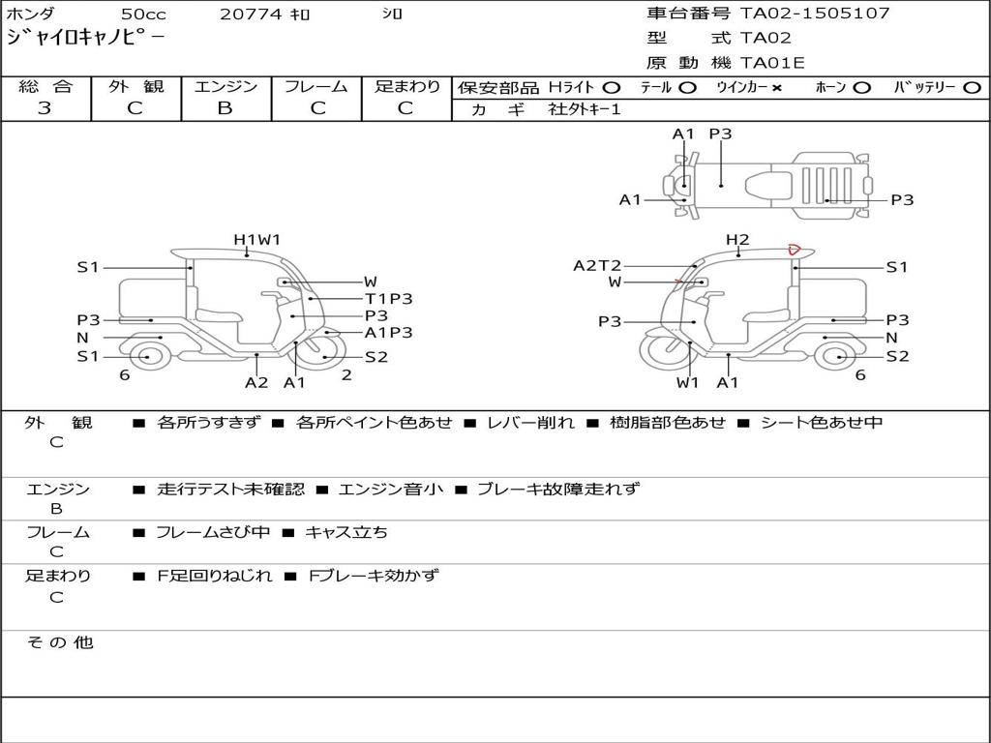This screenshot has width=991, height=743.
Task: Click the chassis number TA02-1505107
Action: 815,14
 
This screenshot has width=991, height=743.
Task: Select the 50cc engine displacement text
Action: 142,15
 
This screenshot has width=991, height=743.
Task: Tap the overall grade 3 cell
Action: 45,108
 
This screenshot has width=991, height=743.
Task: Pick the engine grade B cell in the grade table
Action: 225,108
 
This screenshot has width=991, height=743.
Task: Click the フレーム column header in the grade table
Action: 315,86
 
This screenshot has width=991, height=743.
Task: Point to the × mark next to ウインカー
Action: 776,87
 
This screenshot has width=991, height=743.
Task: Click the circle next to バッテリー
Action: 972,87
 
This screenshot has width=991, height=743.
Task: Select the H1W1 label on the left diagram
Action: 256,239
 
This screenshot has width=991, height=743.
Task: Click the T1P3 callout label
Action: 388,299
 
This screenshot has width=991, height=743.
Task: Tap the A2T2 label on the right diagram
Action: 597,265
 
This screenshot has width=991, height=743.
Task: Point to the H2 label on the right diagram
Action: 737,239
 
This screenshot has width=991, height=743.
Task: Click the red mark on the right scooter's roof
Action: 794,250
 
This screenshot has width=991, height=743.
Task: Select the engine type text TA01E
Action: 772,63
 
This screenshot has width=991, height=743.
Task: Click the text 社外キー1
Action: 585,109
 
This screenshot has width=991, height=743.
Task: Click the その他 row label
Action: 59,641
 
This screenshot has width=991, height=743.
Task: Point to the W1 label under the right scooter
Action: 687,381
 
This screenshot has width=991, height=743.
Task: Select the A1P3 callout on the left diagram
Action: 388,332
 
